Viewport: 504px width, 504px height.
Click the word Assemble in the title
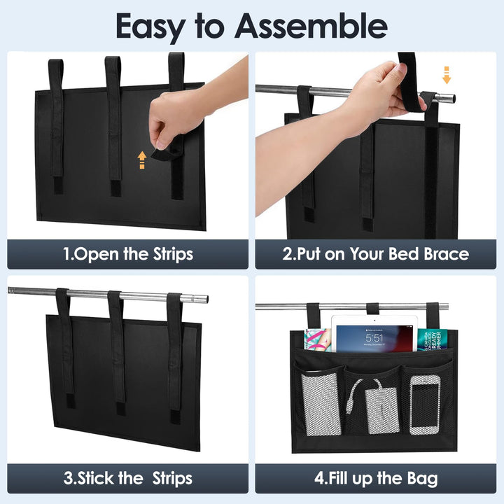pos(311,25)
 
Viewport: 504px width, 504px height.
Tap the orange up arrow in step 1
pos(142,160)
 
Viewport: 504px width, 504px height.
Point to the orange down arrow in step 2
pos(447,75)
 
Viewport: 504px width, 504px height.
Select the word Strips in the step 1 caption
pos(173,254)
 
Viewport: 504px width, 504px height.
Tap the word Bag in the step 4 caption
pos(422,479)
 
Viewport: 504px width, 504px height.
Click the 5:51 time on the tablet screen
pos(374,338)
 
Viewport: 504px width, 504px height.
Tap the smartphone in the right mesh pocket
pos(425,405)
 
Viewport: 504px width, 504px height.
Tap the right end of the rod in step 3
pos(204,300)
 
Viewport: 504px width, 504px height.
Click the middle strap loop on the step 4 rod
pos(373,309)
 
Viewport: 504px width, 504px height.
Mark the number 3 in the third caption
pos(68,478)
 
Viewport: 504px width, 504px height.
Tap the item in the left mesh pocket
pos(321,405)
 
